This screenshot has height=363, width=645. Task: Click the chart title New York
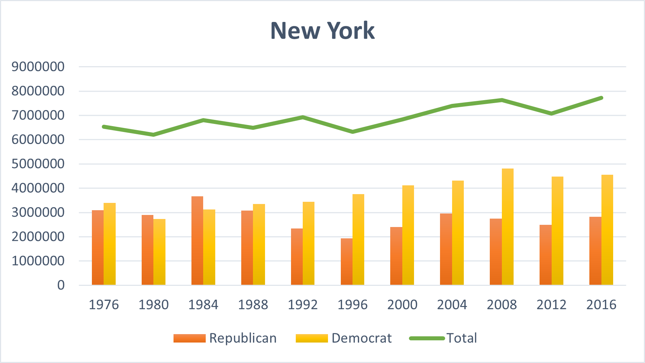click(x=322, y=30)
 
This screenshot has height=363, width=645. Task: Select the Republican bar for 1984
click(x=197, y=241)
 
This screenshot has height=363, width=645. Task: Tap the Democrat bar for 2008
click(x=508, y=227)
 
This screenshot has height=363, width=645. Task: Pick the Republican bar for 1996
click(x=347, y=262)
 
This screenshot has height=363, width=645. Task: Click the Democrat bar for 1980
click(x=159, y=252)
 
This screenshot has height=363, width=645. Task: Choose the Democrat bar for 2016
click(x=607, y=230)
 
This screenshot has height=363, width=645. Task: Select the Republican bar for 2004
click(x=446, y=249)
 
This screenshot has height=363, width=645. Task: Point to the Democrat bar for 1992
click(x=309, y=243)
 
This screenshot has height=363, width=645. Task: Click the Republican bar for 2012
click(x=545, y=255)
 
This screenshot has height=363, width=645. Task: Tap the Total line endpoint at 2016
click(x=601, y=98)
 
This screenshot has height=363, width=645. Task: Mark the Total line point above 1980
click(x=153, y=135)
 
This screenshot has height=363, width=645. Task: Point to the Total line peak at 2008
click(x=502, y=100)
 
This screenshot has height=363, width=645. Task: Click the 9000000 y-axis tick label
click(x=38, y=67)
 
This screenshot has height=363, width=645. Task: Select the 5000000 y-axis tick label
click(x=38, y=164)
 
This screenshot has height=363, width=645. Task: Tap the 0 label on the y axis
click(x=61, y=285)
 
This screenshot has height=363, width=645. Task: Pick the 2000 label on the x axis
click(x=402, y=305)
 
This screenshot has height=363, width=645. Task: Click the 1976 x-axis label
click(x=104, y=305)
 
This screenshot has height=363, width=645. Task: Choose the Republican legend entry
click(x=225, y=338)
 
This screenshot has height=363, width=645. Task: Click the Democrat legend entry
click(x=344, y=338)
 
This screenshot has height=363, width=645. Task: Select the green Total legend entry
click(x=443, y=338)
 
